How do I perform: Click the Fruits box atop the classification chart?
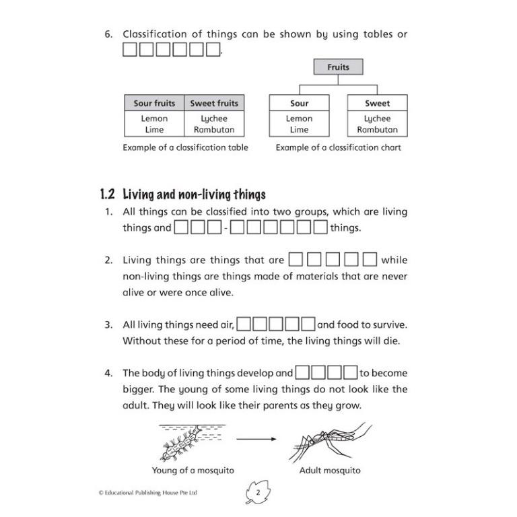point(338,67)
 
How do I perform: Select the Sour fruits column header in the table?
point(154,104)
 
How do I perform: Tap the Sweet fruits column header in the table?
point(214,104)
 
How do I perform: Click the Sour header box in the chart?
point(299,104)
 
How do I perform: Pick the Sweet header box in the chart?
point(377,104)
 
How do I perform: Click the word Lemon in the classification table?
point(154,118)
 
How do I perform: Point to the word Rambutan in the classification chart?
point(377,130)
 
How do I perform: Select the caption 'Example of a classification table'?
point(185,147)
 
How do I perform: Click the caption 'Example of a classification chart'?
point(338,147)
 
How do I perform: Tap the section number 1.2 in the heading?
point(108,195)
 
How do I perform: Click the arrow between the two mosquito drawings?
point(256,439)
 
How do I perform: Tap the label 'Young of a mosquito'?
point(193,471)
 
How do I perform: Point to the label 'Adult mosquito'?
point(330,471)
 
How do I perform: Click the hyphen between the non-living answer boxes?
point(226,229)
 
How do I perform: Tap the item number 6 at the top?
point(108,34)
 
